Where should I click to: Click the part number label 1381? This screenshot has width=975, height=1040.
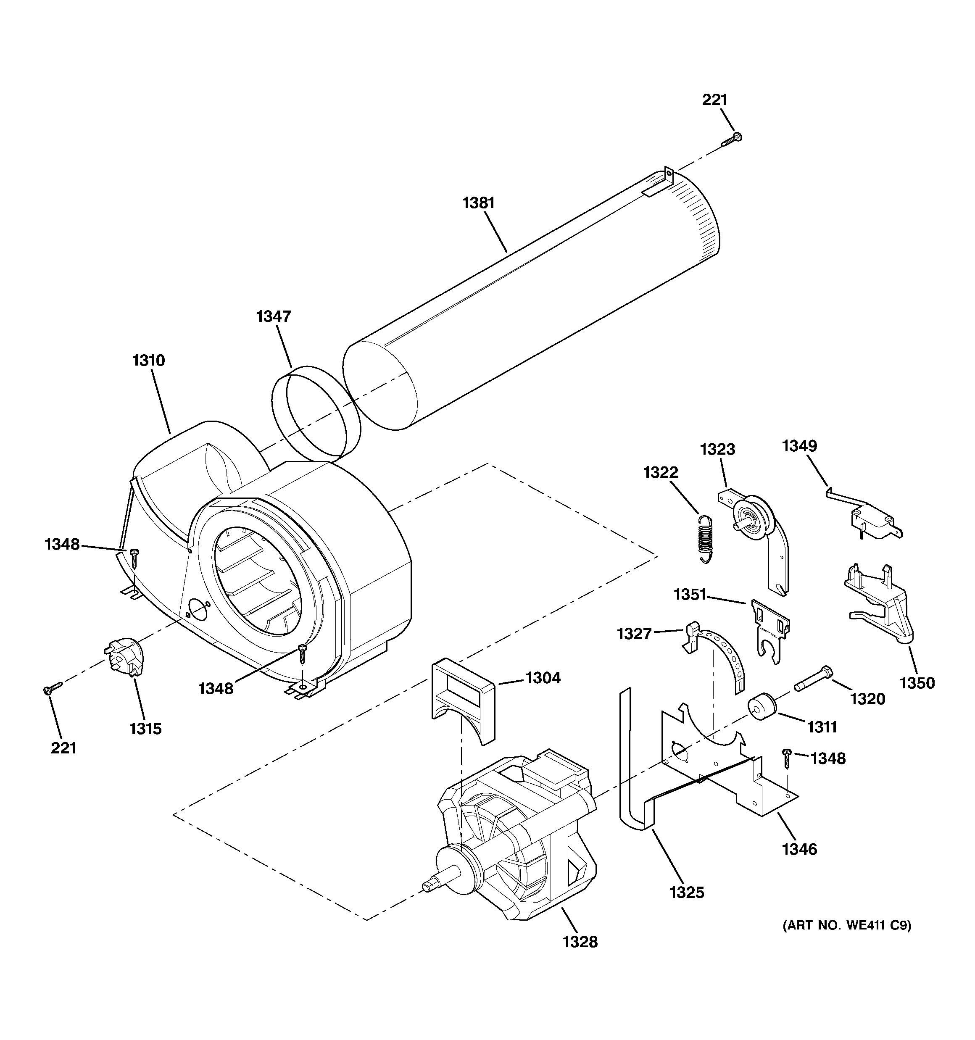[x=478, y=203]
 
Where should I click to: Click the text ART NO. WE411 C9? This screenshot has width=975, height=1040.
[x=846, y=925]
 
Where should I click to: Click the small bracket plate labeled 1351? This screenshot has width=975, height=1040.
[x=771, y=628]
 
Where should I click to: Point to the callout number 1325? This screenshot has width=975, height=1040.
[x=687, y=892]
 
